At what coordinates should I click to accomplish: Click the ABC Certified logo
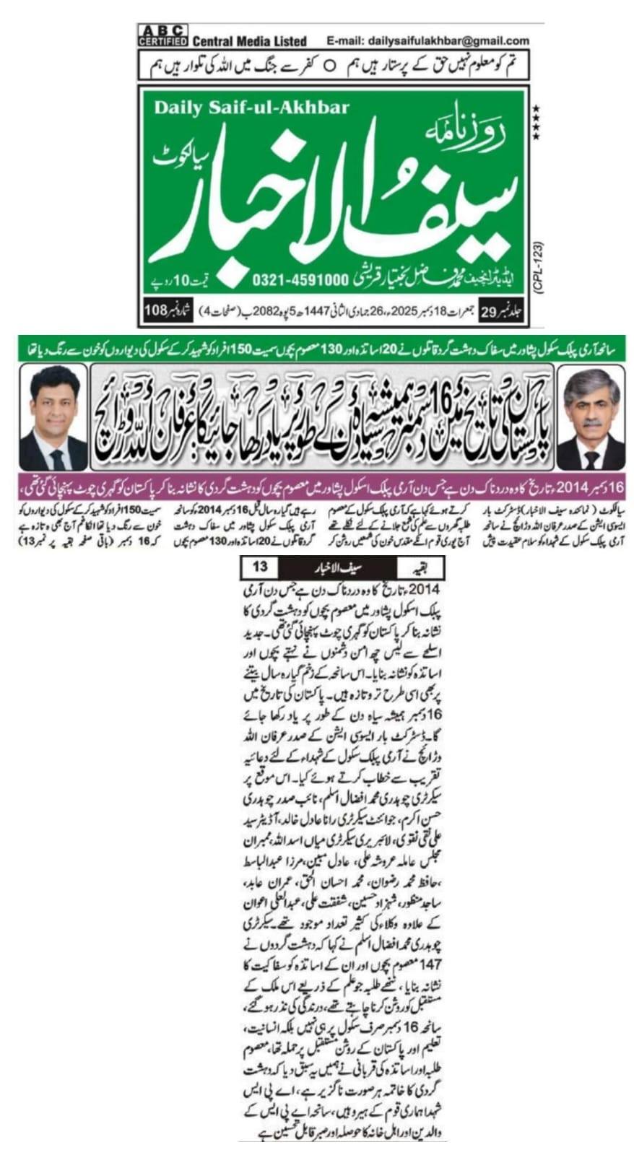click(162, 35)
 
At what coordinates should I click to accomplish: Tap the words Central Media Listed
click(249, 41)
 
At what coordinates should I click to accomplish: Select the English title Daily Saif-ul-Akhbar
click(251, 108)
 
